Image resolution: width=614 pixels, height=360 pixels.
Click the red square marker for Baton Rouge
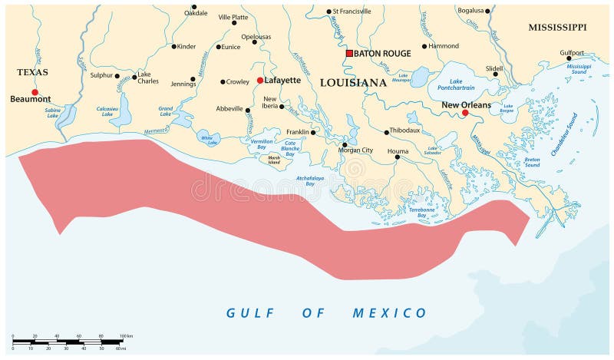click(x=349, y=54)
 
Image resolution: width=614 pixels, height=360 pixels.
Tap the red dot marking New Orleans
click(x=465, y=113)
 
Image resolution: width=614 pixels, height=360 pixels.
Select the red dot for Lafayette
click(x=259, y=80)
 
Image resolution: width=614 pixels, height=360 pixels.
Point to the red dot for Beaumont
click(x=35, y=92)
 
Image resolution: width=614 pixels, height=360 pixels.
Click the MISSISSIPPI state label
click(x=557, y=28)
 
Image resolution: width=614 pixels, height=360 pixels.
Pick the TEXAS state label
click(x=32, y=72)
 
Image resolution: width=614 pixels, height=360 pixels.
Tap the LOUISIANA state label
click(x=353, y=82)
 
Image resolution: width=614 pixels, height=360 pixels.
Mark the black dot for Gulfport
click(x=571, y=61)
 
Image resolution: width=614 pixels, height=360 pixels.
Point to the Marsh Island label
click(x=274, y=160)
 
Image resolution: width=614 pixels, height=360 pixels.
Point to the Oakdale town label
click(x=196, y=13)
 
